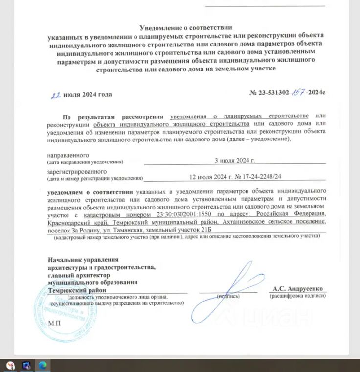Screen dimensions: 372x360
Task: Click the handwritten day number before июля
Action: (56, 95)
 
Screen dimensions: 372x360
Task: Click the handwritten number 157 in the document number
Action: (296, 93)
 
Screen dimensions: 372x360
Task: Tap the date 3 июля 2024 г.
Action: (235, 160)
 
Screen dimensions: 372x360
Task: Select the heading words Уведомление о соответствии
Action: (186, 28)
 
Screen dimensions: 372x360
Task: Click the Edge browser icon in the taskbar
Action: (42, 365)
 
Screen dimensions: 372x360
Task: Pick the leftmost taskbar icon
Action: (10, 365)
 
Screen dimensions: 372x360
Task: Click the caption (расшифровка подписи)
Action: (297, 296)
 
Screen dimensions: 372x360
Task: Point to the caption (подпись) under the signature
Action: (228, 296)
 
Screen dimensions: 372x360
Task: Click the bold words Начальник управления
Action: (83, 260)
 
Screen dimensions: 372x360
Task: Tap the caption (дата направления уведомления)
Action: (85, 162)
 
